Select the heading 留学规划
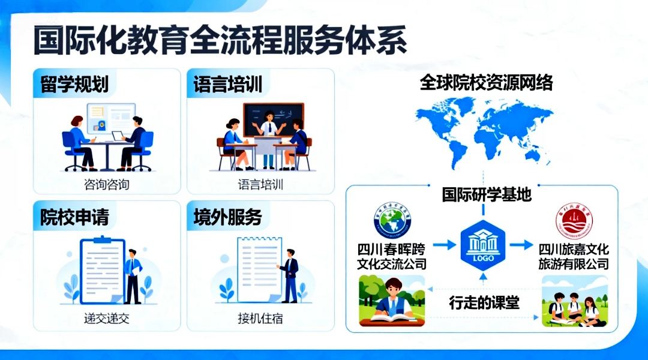pos(74,84)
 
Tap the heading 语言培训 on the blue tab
pos(228,84)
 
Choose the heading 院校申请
pos(74,217)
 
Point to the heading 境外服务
pos(228,217)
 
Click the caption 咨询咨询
pos(106,184)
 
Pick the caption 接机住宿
pos(260,318)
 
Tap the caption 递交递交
pos(106,318)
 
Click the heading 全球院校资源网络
pos(486,83)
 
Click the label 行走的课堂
pos(484,303)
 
